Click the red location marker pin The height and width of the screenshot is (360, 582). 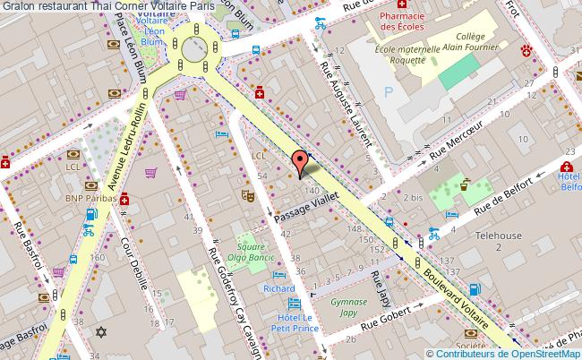301,162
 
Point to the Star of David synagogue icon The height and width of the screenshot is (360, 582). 100,333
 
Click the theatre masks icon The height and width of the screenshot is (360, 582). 244,194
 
